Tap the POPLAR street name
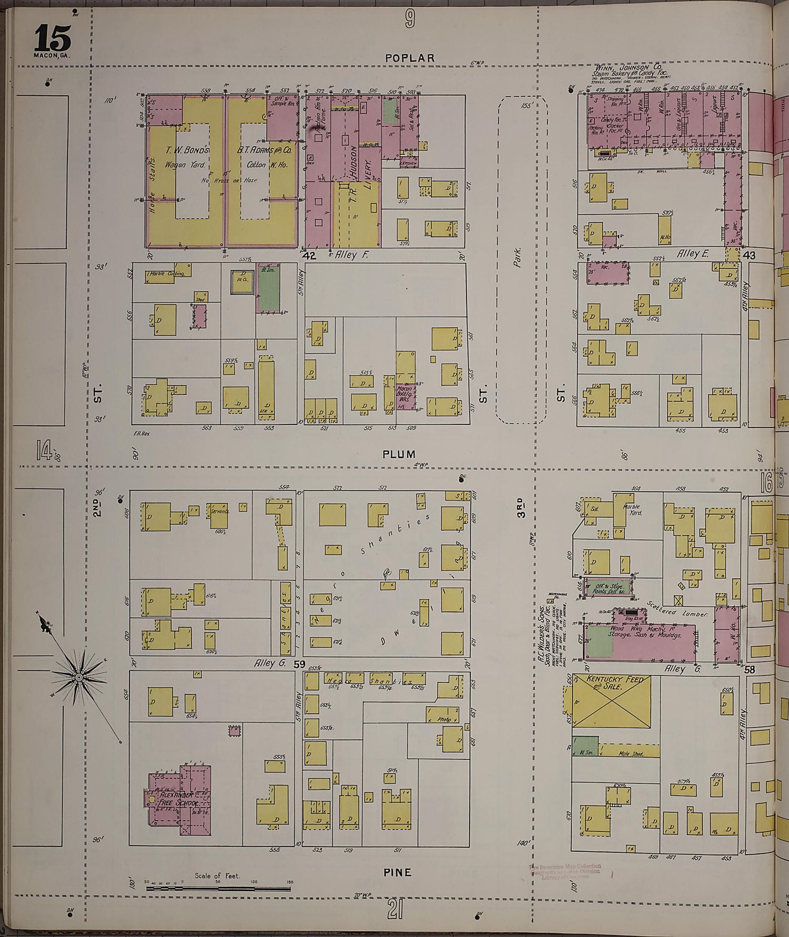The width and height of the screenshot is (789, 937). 410,58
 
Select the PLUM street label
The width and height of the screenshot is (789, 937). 399,454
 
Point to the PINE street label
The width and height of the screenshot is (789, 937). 397,872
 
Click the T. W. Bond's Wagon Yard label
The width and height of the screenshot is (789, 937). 180,157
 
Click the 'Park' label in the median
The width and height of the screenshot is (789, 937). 518,258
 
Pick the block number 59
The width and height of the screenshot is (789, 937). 299,665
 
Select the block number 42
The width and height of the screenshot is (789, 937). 309,255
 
